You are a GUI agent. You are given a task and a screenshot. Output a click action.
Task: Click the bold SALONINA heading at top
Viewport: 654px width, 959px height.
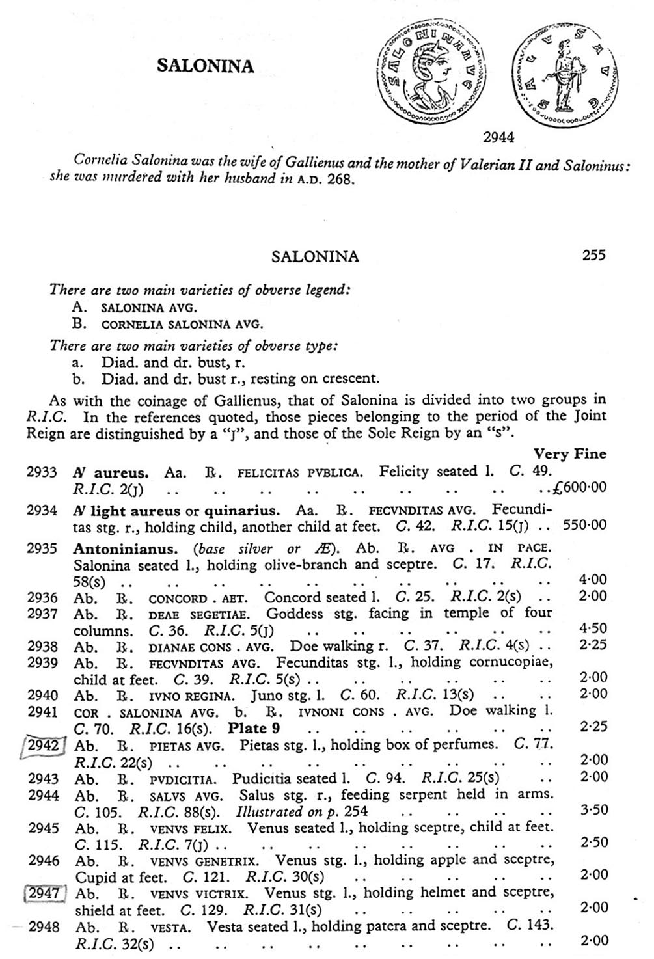(x=206, y=65)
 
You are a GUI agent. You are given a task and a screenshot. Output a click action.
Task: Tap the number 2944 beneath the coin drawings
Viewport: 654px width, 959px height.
(x=498, y=137)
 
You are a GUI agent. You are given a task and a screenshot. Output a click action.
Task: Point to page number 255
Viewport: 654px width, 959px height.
(x=593, y=255)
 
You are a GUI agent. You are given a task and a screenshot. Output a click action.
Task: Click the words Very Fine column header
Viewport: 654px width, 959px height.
(x=569, y=454)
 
